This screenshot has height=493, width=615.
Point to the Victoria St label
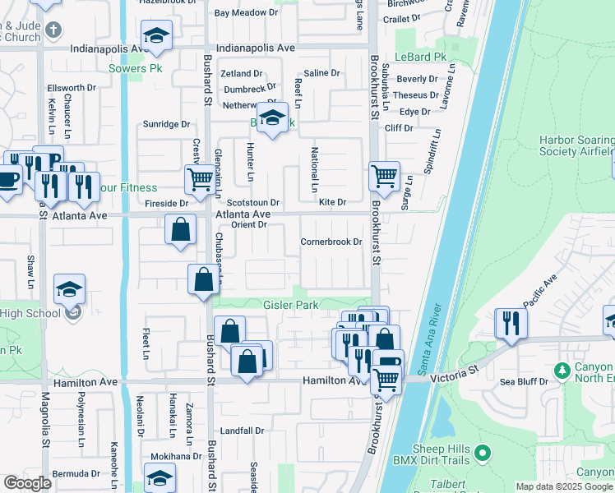(451, 373)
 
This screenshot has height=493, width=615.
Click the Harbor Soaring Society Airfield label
(576, 145)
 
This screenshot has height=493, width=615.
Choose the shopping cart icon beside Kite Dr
(384, 176)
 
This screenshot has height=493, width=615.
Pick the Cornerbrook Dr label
(331, 242)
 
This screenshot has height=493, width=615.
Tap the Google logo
(27, 483)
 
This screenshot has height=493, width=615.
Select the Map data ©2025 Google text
(563, 486)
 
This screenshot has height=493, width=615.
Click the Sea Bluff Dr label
(523, 382)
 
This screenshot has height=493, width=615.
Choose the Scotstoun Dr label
(253, 202)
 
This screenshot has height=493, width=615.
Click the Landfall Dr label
(242, 431)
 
